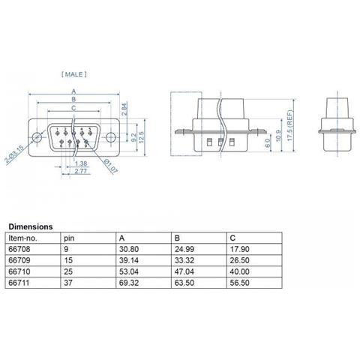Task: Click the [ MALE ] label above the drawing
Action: point(73,74)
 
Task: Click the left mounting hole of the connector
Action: point(37,137)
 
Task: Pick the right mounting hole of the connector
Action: point(110,137)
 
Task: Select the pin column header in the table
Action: point(70,236)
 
